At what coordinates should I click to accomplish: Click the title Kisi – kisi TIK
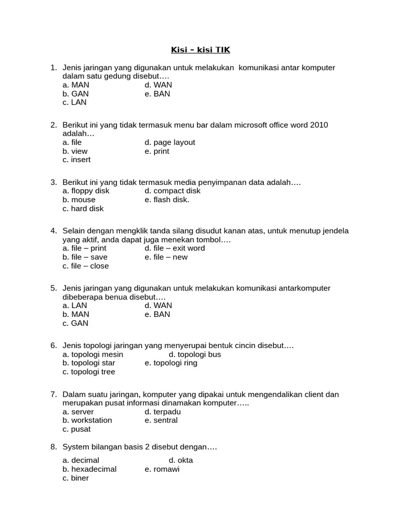200,50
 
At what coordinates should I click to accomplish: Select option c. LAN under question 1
74,102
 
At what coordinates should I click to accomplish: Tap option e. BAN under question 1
157,94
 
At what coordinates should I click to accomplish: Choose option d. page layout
170,142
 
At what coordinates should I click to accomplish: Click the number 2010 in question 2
319,125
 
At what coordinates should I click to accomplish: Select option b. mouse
79,199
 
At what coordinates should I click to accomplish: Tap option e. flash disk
167,199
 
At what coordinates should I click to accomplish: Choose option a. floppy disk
86,191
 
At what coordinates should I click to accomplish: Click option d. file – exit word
175,248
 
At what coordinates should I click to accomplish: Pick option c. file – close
86,266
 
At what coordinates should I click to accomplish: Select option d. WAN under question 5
158,305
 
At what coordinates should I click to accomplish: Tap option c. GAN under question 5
75,323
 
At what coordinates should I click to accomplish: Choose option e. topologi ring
171,363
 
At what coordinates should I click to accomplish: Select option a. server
78,412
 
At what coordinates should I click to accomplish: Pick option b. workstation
87,420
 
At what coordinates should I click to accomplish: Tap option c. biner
76,478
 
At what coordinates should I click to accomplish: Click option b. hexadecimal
89,469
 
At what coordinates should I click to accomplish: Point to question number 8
54,447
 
